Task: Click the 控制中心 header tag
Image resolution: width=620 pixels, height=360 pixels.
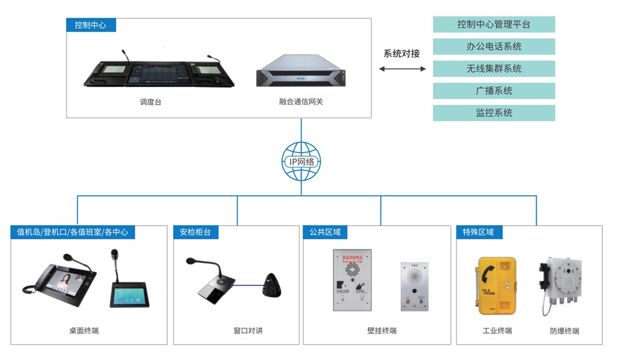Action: click(91, 25)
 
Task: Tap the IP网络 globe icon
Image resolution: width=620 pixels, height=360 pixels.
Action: click(301, 162)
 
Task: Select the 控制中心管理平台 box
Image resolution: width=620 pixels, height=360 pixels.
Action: click(494, 24)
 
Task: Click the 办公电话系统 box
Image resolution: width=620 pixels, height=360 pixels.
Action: click(494, 47)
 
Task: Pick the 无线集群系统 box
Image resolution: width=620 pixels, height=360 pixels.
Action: click(494, 68)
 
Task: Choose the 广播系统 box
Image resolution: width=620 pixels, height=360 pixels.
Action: click(494, 91)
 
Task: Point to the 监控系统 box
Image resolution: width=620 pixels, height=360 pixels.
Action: click(494, 113)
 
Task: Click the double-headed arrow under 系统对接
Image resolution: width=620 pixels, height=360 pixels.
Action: click(402, 69)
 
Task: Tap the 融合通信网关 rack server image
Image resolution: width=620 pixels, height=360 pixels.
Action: click(301, 71)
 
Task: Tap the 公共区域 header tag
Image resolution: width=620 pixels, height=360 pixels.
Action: click(325, 232)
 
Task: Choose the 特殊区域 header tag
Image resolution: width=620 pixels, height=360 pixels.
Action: click(479, 232)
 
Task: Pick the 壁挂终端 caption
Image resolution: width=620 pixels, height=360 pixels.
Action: click(382, 331)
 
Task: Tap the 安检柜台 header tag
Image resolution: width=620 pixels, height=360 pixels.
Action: click(195, 232)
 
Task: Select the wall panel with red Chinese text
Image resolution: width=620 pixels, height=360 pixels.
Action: click(352, 280)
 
